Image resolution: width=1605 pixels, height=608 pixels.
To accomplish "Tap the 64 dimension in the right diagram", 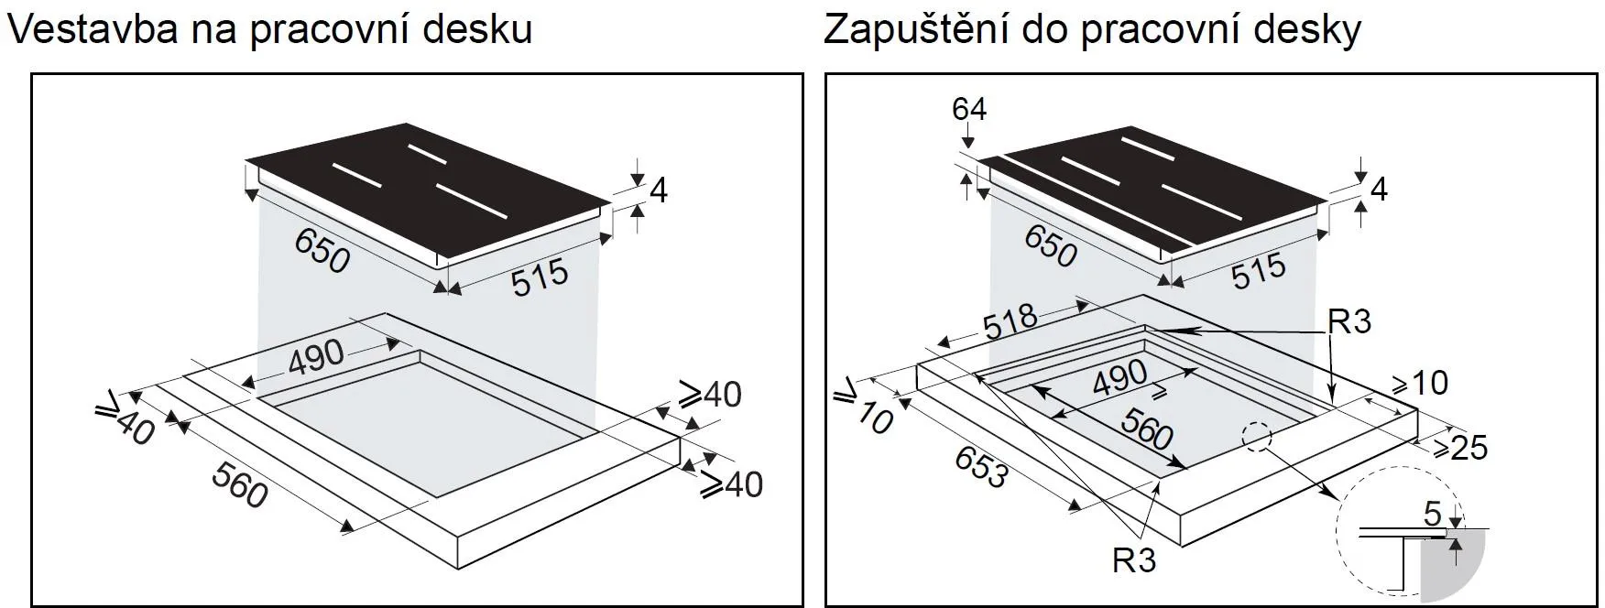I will (969, 109).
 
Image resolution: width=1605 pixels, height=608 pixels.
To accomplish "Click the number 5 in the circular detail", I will (1433, 513).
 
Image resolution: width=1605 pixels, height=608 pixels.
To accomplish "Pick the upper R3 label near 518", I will (1348, 322).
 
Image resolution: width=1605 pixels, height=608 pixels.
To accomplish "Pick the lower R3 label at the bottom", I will (1134, 559).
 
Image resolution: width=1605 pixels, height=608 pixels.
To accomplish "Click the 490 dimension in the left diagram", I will (316, 358).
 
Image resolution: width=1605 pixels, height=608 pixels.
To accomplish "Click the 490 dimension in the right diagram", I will (1120, 375).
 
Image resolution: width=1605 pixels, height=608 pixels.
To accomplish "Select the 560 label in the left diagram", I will (239, 484).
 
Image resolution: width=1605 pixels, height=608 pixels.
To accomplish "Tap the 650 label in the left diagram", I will (322, 250).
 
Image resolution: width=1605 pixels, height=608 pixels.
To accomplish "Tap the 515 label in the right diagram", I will (1259, 272).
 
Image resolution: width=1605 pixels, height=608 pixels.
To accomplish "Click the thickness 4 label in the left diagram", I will (659, 190).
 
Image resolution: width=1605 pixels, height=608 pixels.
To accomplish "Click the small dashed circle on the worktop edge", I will (1258, 437).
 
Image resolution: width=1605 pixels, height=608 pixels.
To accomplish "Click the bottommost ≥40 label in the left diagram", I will (732, 484).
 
